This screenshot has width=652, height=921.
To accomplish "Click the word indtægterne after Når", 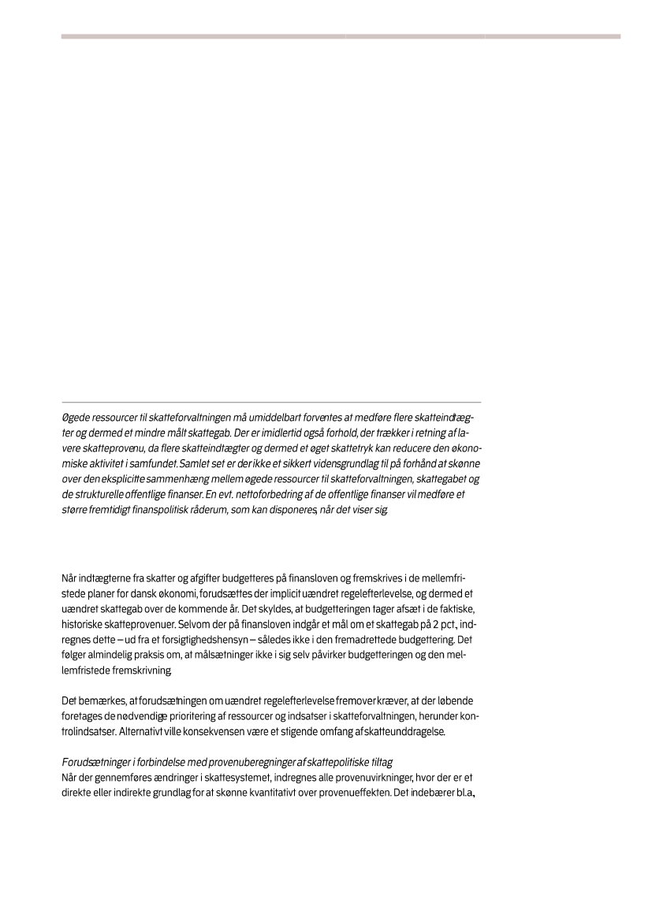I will [107, 578].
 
